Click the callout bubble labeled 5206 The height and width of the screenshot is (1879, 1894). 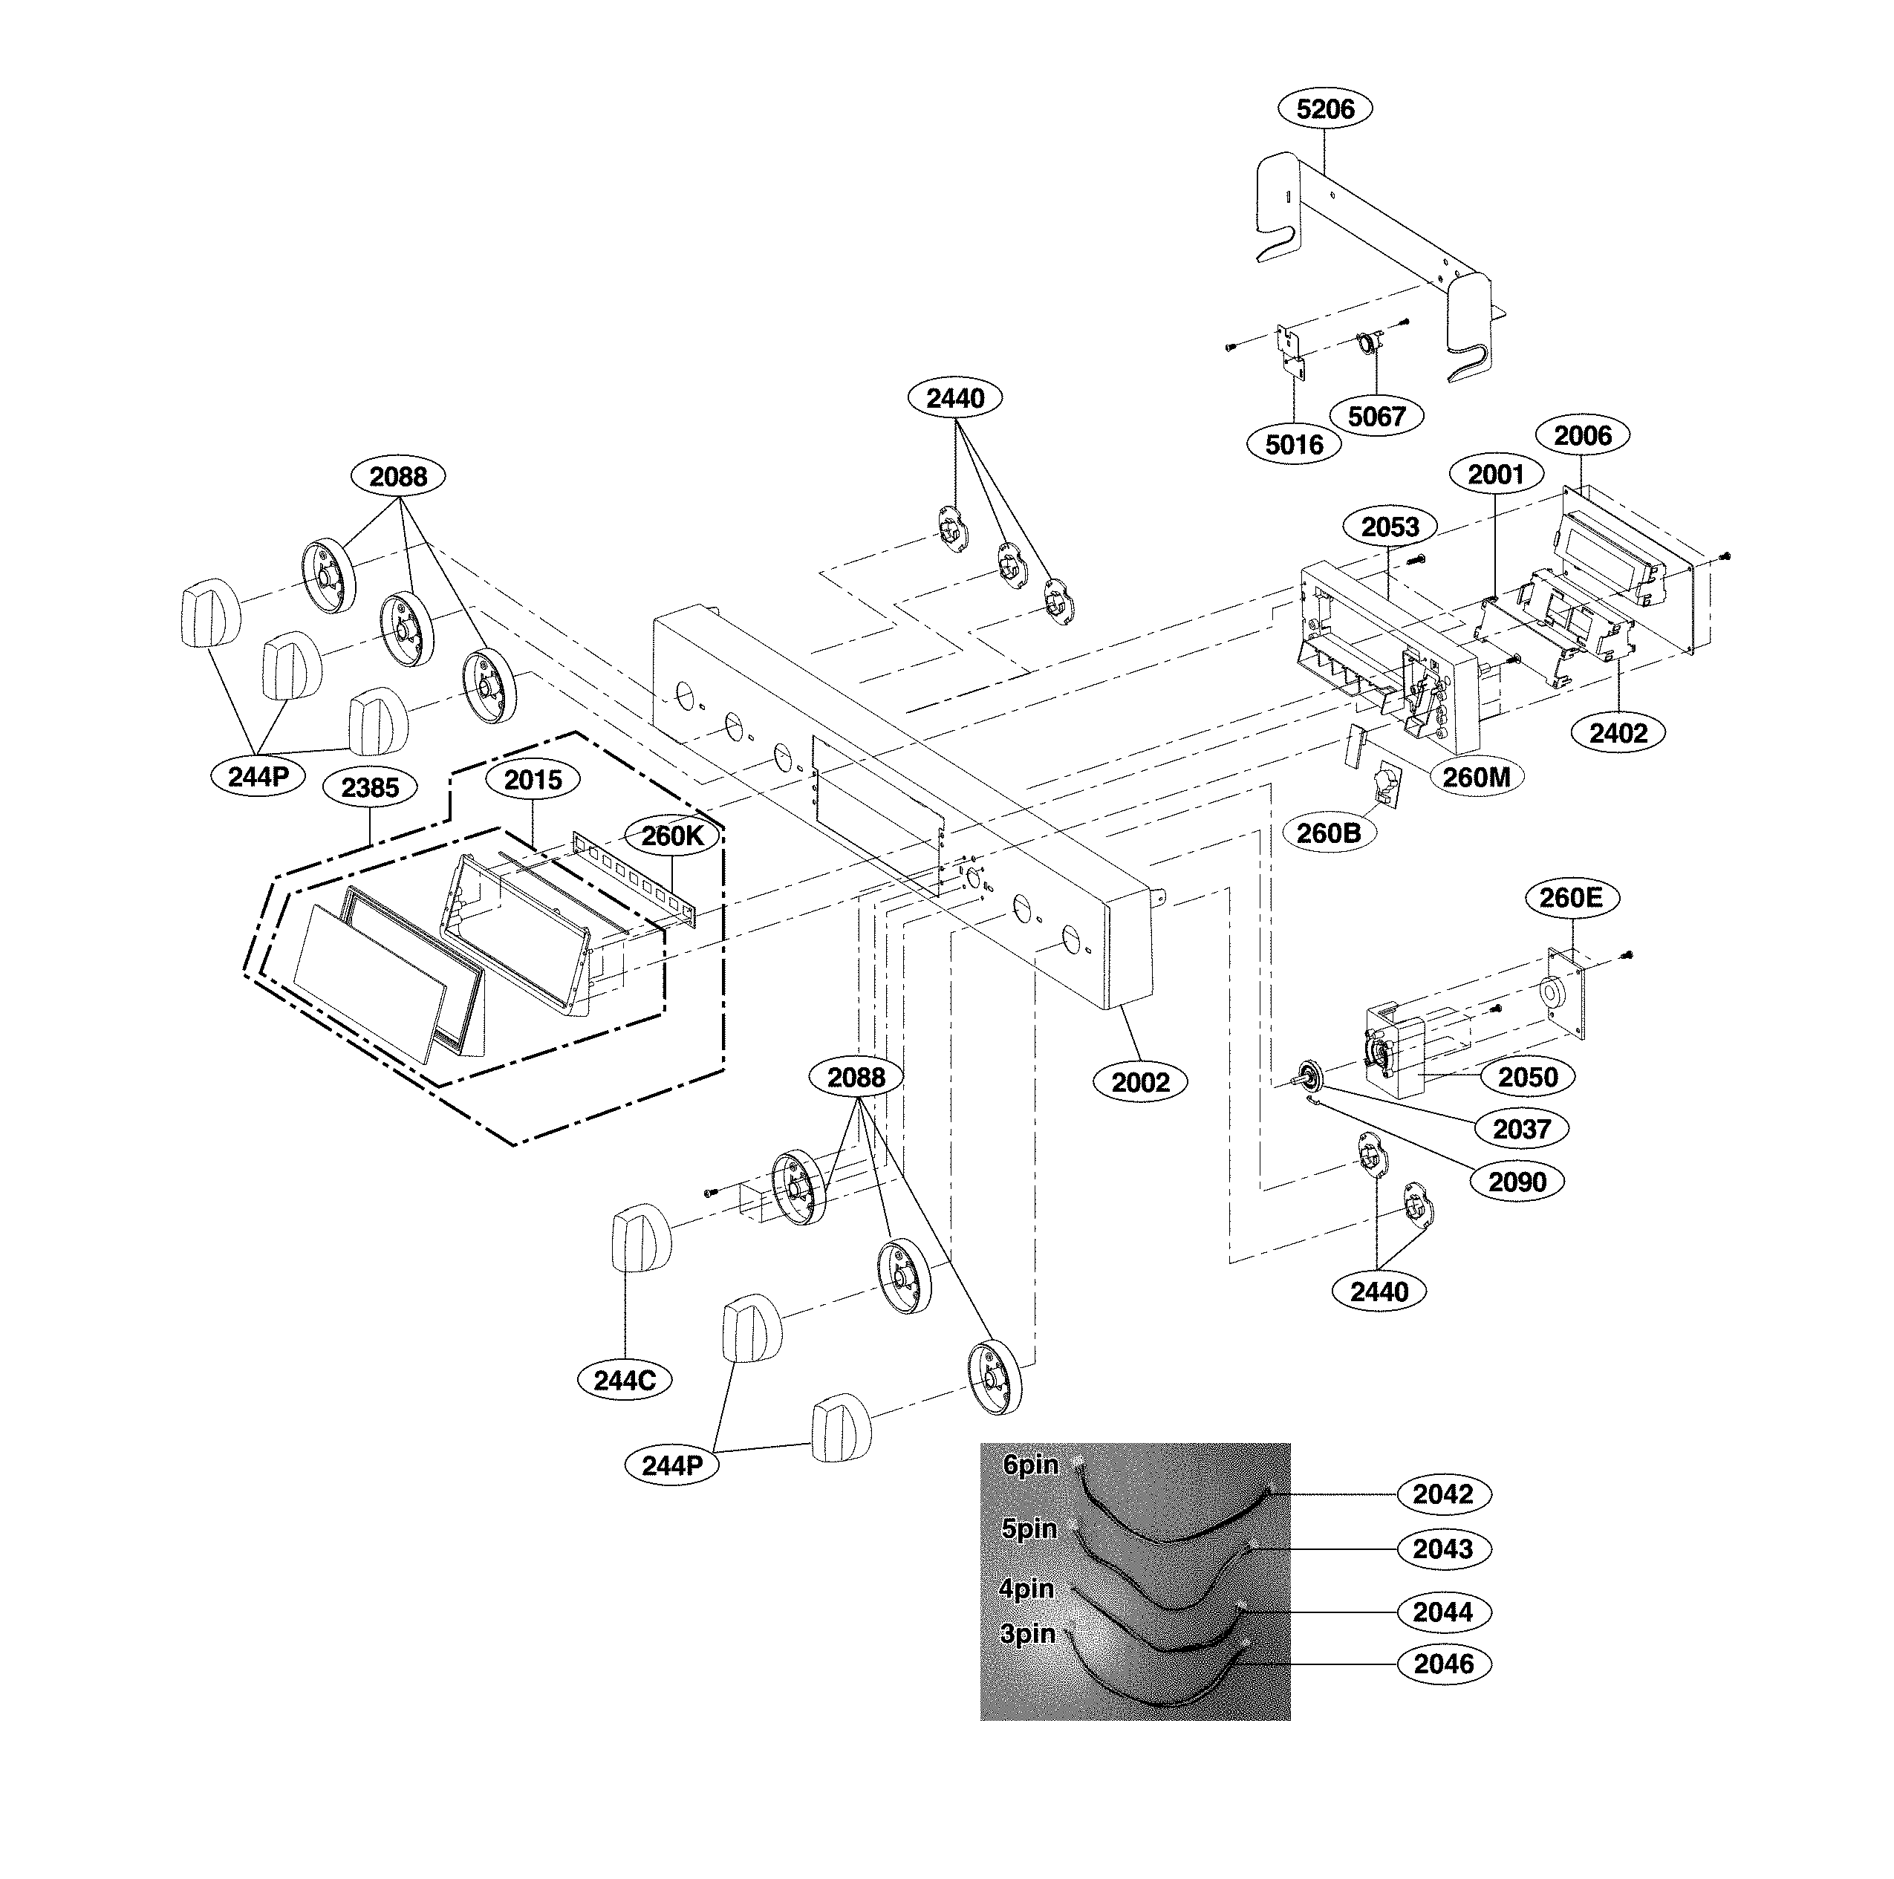[x=1324, y=108]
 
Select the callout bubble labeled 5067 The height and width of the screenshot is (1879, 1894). [x=1376, y=417]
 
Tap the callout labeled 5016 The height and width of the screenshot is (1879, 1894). [x=1294, y=445]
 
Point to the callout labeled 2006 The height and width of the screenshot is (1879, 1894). [x=1582, y=435]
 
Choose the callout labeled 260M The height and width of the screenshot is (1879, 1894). [x=1477, y=778]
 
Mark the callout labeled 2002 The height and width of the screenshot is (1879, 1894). [x=1140, y=1082]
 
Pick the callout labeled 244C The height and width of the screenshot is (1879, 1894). [x=625, y=1380]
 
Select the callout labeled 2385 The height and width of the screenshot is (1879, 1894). [x=370, y=787]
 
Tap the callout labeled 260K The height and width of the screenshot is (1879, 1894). [x=672, y=836]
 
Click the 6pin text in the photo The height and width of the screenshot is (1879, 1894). [x=1030, y=1465]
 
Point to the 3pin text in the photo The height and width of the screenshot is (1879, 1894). [x=1027, y=1634]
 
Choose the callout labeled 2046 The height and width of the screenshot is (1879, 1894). [x=1443, y=1664]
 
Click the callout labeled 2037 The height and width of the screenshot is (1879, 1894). [x=1521, y=1129]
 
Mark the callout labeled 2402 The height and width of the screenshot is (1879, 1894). [x=1618, y=732]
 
